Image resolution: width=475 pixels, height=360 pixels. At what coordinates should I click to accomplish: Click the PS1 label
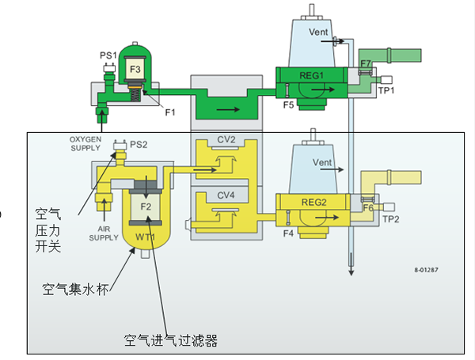point(108,55)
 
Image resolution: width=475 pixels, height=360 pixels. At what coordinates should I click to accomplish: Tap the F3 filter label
point(135,70)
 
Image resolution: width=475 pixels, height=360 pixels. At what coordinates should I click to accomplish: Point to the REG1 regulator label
point(313,76)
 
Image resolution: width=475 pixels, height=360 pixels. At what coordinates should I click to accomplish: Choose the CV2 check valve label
point(227,140)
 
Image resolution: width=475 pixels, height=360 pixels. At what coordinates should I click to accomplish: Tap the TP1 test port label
point(386,91)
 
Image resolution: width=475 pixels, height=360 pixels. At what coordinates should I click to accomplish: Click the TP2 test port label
point(390,219)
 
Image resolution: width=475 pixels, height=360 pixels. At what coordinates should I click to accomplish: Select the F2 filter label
point(146,207)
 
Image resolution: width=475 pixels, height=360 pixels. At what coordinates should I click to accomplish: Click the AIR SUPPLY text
point(103,233)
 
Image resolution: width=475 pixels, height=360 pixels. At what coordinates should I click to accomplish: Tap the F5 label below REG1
point(290,104)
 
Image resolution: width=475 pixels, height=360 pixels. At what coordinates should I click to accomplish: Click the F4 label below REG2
point(288,232)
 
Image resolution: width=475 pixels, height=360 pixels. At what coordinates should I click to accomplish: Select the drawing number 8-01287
point(427,270)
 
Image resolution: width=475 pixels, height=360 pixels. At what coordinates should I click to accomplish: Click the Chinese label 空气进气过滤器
point(170,341)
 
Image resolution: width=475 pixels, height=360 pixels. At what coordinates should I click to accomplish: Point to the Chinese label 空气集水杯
point(76,290)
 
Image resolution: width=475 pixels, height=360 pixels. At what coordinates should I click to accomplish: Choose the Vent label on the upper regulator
point(318,32)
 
